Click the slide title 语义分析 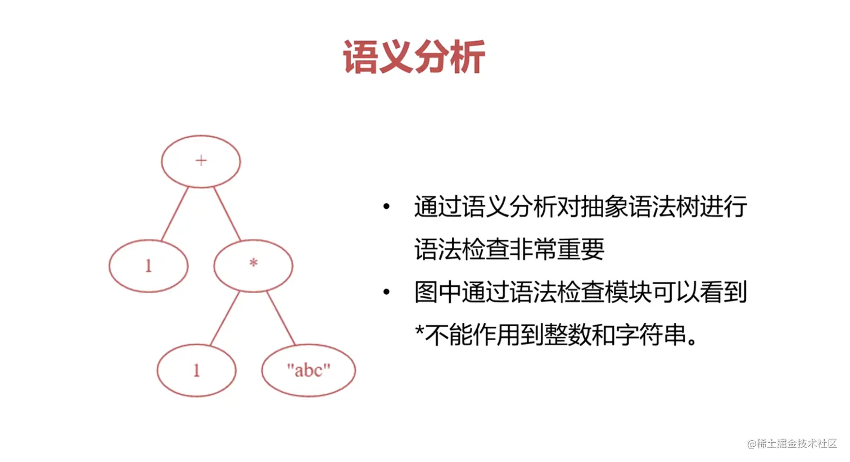[x=414, y=57]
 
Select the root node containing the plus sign [x=201, y=161]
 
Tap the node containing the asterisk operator [x=253, y=266]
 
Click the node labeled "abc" [x=308, y=370]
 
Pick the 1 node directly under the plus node [x=148, y=266]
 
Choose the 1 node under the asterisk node [x=196, y=370]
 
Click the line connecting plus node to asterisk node [x=227, y=214]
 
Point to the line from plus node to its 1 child [x=175, y=214]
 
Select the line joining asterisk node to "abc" [x=281, y=318]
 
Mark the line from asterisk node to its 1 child [x=225, y=318]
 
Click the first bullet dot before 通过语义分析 [x=386, y=207]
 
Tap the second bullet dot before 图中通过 [x=386, y=292]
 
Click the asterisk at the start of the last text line [x=419, y=332]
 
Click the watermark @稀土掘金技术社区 [x=792, y=443]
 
